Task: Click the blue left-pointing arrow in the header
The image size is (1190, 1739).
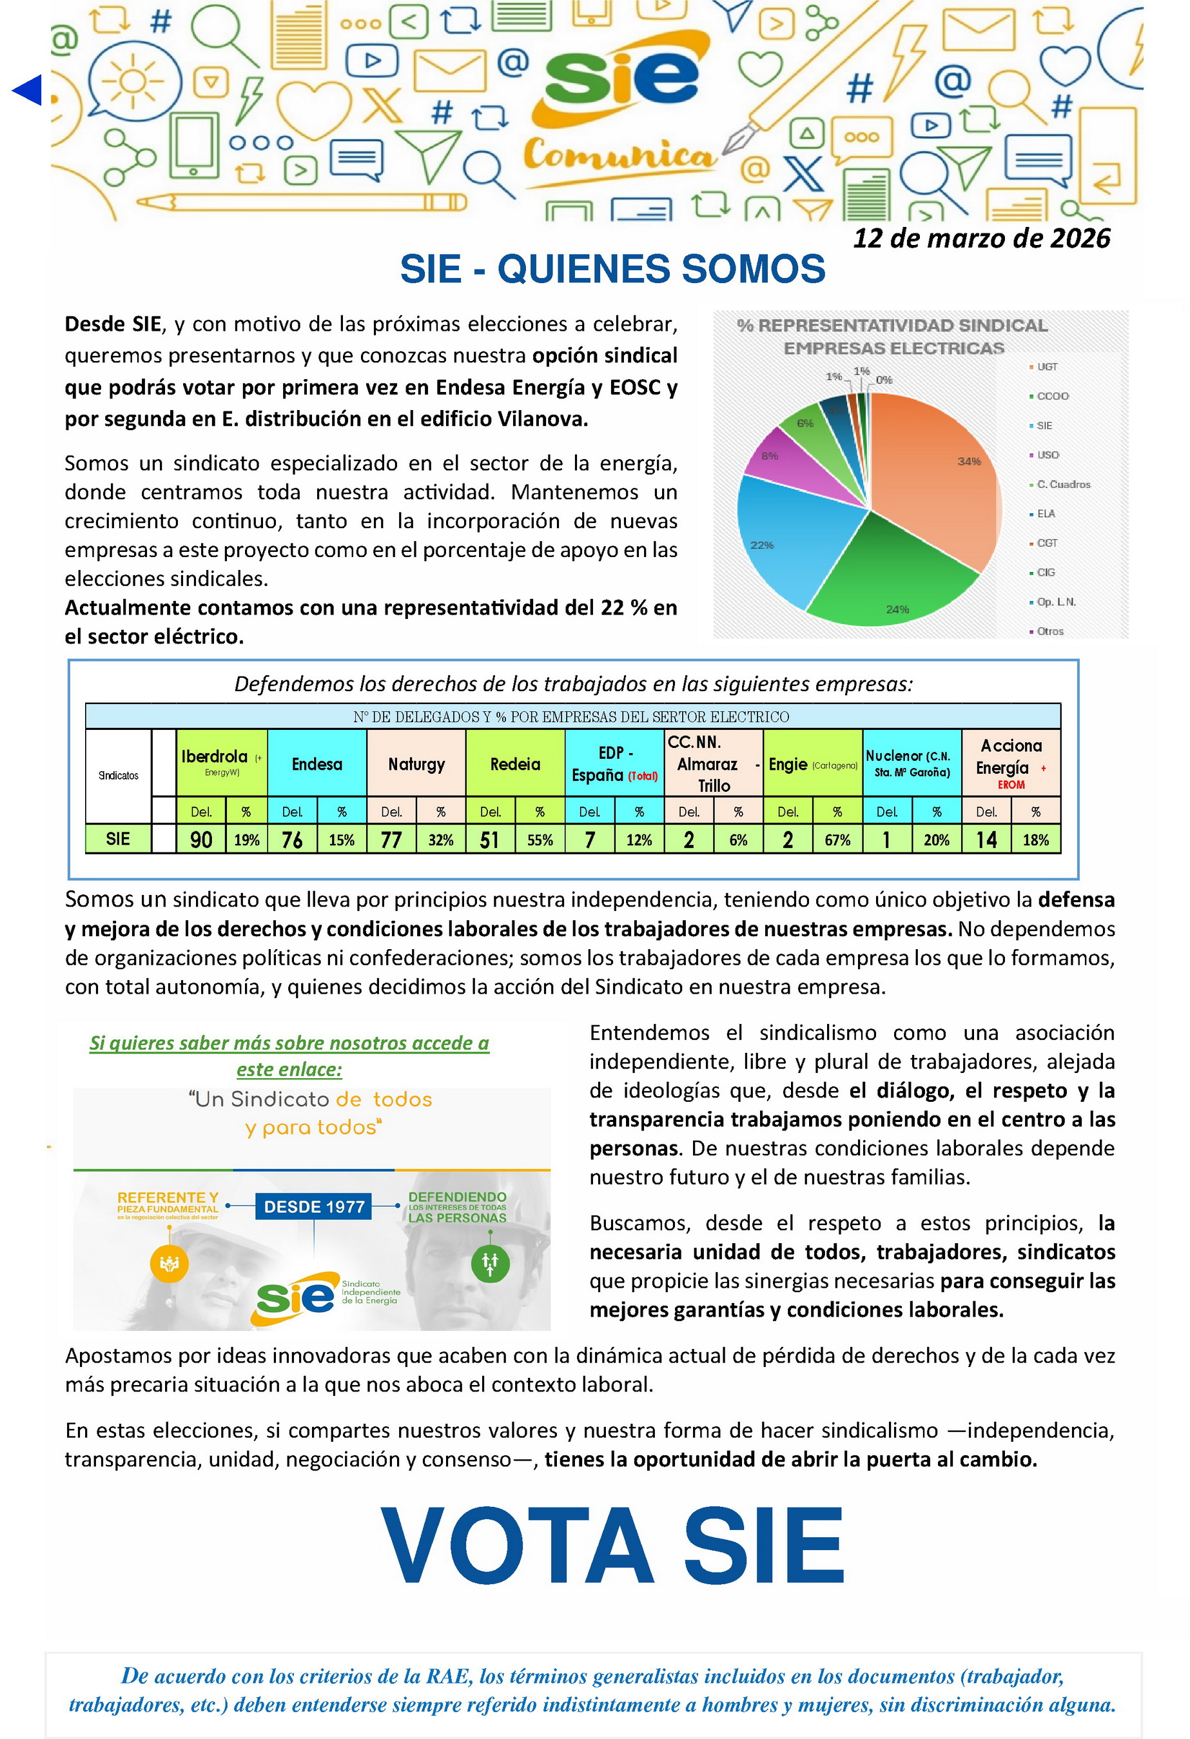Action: pyautogui.click(x=27, y=90)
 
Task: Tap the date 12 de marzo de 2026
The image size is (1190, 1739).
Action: pyautogui.click(x=980, y=238)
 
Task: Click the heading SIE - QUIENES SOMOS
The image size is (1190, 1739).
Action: pyautogui.click(x=612, y=269)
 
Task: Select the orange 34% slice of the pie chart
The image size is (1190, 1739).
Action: pyautogui.click(x=942, y=479)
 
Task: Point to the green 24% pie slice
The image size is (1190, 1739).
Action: pyautogui.click(x=890, y=576)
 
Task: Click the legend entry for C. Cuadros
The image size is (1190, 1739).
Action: pyautogui.click(x=1063, y=484)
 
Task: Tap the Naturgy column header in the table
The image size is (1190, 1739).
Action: pyautogui.click(x=416, y=764)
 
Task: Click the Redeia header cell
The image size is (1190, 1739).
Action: pyautogui.click(x=514, y=764)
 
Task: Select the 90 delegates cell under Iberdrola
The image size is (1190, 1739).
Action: pyautogui.click(x=201, y=840)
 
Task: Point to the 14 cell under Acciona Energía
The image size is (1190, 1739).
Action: pyautogui.click(x=986, y=840)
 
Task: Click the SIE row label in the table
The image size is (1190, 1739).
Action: pyautogui.click(x=118, y=839)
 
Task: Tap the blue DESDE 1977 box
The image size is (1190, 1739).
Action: pyautogui.click(x=313, y=1206)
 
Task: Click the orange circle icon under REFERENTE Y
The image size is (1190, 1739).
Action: pyautogui.click(x=169, y=1263)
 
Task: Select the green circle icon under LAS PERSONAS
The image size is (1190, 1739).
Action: pyautogui.click(x=490, y=1263)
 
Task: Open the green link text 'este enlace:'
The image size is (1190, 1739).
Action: pyautogui.click(x=289, y=1069)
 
